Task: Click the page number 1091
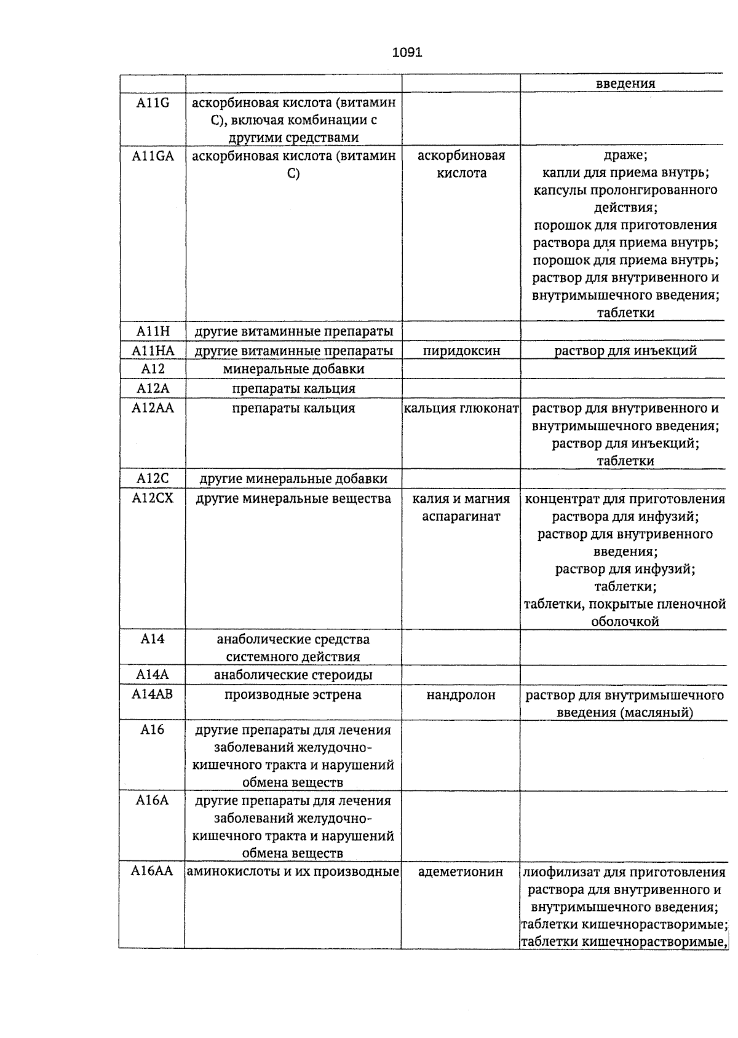[x=407, y=53]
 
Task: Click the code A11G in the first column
[x=153, y=103]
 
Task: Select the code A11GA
[x=153, y=156]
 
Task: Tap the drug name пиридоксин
[x=461, y=351]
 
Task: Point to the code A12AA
[x=153, y=407]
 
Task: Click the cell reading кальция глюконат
[x=461, y=408]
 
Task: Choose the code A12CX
[x=153, y=498]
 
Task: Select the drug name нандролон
[x=461, y=695]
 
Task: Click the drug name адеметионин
[x=461, y=872]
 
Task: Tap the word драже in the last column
[x=625, y=155]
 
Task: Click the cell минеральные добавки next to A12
[x=293, y=369]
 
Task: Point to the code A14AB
[x=153, y=694]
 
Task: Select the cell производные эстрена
[x=293, y=695]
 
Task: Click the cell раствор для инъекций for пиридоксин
[x=625, y=351]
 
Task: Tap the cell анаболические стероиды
[x=293, y=675]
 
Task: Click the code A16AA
[x=152, y=871]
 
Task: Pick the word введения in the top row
[x=625, y=84]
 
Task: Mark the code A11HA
[x=153, y=351]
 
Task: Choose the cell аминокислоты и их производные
[x=293, y=871]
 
